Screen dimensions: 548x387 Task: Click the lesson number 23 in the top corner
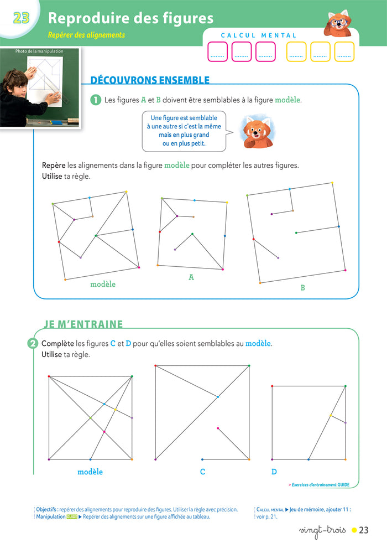(x=20, y=18)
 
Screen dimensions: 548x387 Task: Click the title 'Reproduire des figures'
(x=130, y=18)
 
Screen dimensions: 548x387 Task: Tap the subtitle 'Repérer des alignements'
(x=87, y=35)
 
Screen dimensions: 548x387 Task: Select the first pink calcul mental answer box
(x=217, y=51)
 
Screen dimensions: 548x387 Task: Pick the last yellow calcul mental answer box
(x=344, y=51)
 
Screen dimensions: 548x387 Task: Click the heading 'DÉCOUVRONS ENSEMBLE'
(x=150, y=80)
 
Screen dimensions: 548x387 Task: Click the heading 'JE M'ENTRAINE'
(x=83, y=324)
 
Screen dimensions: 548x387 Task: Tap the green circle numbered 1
(x=96, y=100)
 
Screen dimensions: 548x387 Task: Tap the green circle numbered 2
(x=33, y=344)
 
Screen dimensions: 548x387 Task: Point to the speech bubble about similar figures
(x=184, y=131)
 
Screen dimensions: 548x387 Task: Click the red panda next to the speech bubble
(x=257, y=132)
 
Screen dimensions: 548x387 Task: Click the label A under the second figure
(x=191, y=277)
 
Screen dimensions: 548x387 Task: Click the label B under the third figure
(x=302, y=288)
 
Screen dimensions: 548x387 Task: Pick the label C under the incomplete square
(x=202, y=472)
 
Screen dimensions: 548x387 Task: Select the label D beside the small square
(x=274, y=472)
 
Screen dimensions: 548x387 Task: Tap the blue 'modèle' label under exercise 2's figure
(x=90, y=472)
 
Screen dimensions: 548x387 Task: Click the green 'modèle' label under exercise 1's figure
(x=103, y=284)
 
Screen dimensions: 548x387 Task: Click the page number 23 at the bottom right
(x=363, y=530)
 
